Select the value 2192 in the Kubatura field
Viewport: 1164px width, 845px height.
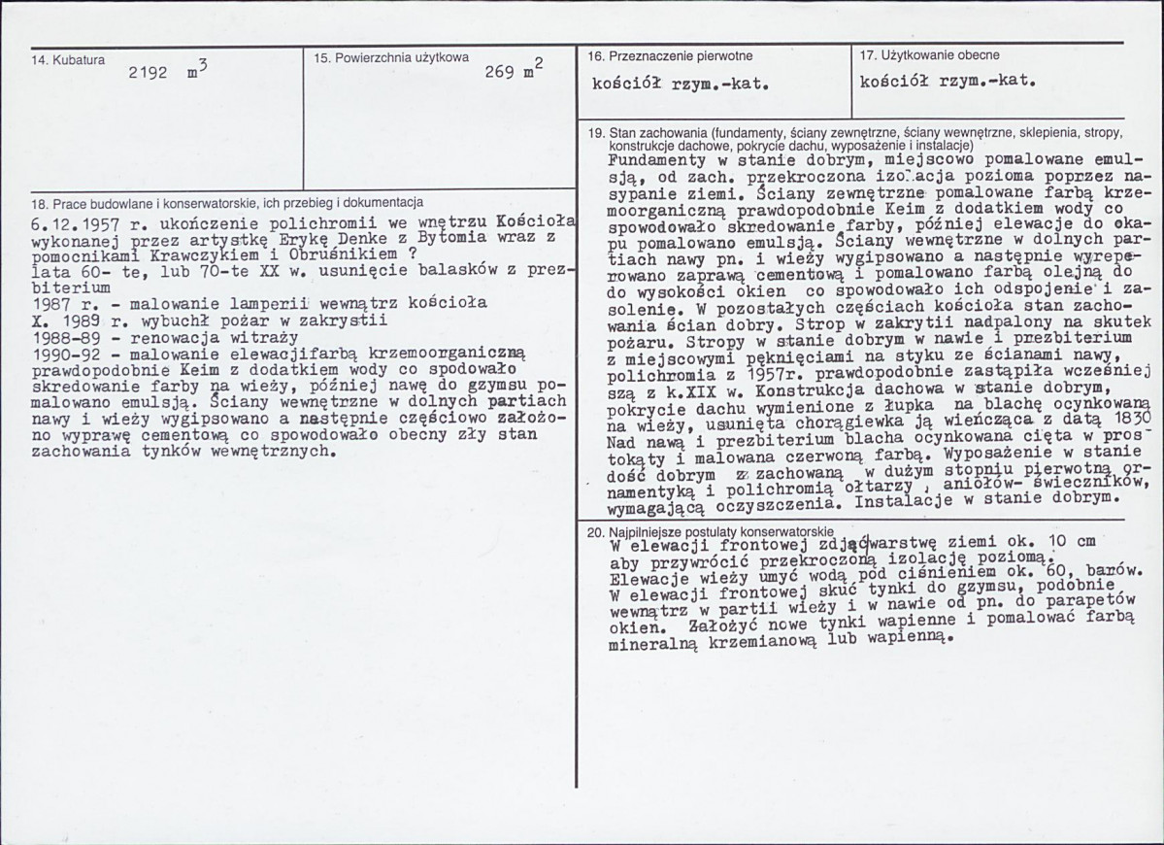pyautogui.click(x=148, y=72)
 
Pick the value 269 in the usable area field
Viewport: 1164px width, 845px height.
pyautogui.click(x=499, y=72)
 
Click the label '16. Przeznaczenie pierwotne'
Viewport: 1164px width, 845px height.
pyautogui.click(x=670, y=56)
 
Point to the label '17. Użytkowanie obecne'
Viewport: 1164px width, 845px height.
pyautogui.click(x=929, y=55)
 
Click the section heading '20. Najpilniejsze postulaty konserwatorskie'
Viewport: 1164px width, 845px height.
pyautogui.click(x=711, y=532)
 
